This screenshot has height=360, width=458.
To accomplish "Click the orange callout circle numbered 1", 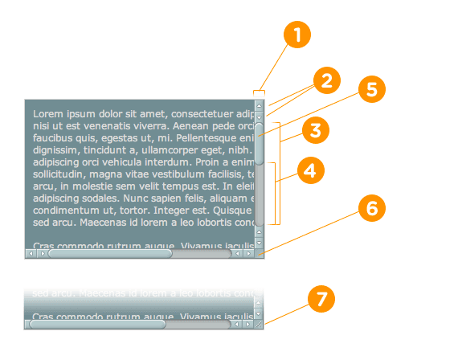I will pyautogui.click(x=297, y=35).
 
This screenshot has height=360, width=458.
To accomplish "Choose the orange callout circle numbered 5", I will pyautogui.click(x=370, y=88).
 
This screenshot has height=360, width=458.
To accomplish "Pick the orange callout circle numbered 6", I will pyautogui.click(x=370, y=208).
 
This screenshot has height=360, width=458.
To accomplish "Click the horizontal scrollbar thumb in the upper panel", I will pyautogui.click(x=109, y=253).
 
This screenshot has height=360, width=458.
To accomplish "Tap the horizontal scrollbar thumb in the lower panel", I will pyautogui.click(x=96, y=325).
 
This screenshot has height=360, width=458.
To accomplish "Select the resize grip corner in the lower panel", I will pyautogui.click(x=259, y=325).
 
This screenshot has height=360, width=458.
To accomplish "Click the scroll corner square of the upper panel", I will pyautogui.click(x=259, y=253).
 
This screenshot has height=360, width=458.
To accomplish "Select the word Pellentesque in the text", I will pyautogui.click(x=214, y=137).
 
